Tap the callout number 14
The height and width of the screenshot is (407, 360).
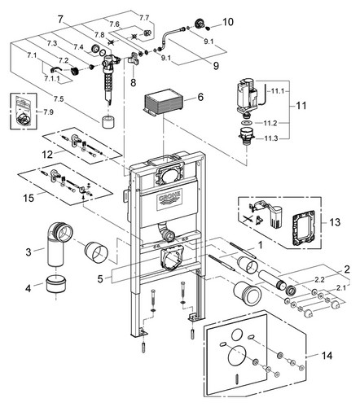point(327,355)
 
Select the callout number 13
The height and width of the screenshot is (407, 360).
point(335,222)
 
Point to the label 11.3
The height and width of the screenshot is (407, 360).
point(271,138)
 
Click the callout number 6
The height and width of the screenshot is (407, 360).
point(200,97)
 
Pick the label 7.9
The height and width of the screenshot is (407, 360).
point(49,112)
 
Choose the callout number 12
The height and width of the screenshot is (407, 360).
point(47,155)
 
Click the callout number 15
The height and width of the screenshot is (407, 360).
point(29,198)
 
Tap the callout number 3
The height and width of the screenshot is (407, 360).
point(29,252)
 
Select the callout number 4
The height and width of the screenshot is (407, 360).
point(28,288)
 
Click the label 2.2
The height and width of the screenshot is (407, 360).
point(319,279)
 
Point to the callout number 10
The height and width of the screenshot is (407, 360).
point(228,22)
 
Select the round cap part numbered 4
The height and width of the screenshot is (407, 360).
point(56,284)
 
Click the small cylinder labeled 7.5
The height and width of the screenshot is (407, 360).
point(108,121)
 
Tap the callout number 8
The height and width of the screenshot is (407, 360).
point(133,82)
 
